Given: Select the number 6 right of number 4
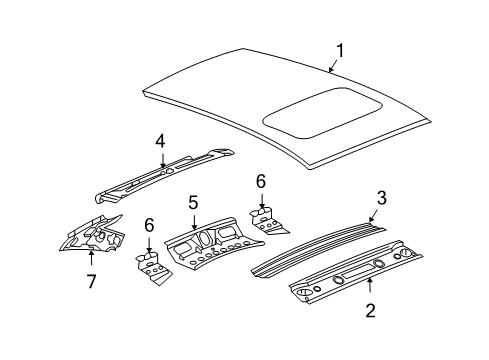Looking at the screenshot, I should click(261, 181).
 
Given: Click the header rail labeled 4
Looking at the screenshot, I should click(165, 177).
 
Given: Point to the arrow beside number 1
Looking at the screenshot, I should click(331, 65).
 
